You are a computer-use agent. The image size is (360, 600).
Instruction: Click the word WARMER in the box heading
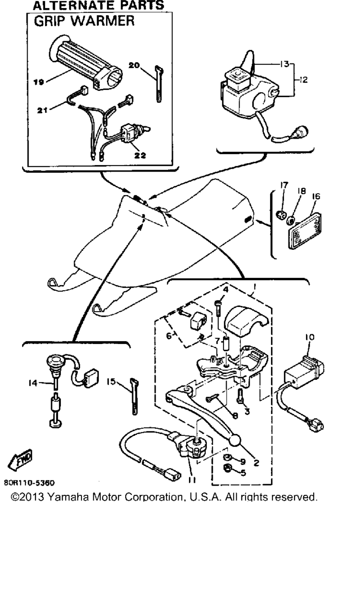(x=105, y=21)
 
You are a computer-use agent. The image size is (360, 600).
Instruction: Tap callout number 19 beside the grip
(x=38, y=82)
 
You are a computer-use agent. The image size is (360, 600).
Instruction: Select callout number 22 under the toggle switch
(x=140, y=155)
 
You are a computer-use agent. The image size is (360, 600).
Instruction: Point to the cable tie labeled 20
(x=159, y=84)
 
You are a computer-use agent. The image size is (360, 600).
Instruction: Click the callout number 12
(x=303, y=80)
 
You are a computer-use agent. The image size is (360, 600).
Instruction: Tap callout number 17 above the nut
(x=284, y=185)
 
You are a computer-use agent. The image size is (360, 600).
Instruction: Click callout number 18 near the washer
(x=301, y=191)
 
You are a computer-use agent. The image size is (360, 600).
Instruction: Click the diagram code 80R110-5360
(x=29, y=482)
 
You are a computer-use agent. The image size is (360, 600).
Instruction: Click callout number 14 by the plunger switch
(x=33, y=383)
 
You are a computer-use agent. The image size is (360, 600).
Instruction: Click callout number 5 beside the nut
(x=243, y=473)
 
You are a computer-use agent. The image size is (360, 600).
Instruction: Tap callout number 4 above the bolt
(x=226, y=290)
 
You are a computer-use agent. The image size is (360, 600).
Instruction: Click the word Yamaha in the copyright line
(x=68, y=497)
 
